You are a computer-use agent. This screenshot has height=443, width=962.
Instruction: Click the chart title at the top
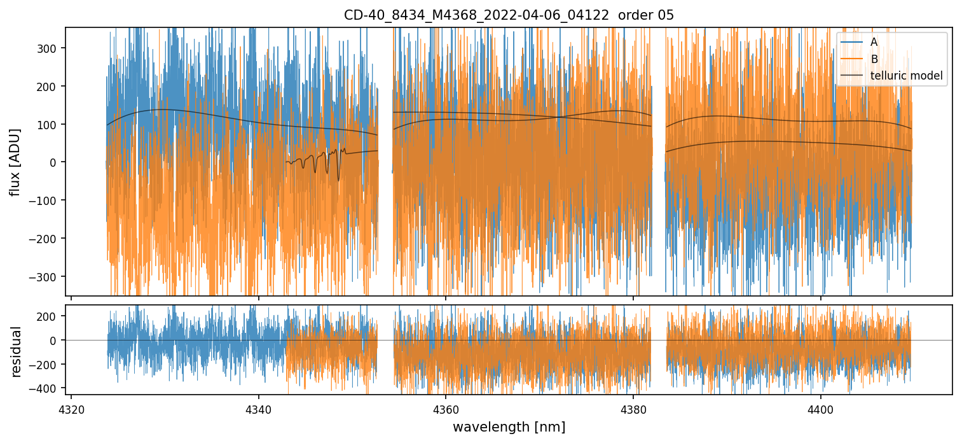click(x=509, y=15)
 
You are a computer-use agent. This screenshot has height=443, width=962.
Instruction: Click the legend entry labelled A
click(x=874, y=42)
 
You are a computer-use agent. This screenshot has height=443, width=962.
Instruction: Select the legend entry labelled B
click(x=874, y=59)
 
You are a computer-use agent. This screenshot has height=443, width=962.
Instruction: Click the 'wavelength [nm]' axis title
click(x=509, y=426)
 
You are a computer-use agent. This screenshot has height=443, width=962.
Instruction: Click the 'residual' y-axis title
click(x=17, y=351)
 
